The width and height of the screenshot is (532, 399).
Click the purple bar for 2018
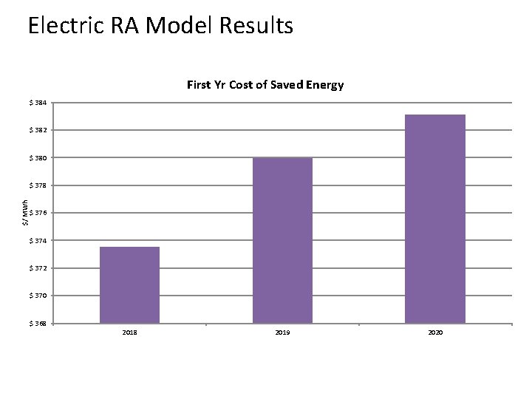click(129, 285)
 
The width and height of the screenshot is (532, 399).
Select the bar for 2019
click(282, 240)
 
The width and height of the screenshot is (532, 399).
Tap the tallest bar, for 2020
click(435, 219)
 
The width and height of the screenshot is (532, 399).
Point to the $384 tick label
click(39, 103)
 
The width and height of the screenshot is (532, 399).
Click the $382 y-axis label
click(39, 130)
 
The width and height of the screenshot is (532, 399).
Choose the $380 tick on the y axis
click(39, 158)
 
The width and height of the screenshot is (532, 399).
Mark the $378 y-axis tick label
click(39, 185)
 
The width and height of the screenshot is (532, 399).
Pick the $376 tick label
click(39, 214)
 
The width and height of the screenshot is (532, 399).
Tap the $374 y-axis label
click(39, 241)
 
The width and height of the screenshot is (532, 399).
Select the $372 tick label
click(39, 268)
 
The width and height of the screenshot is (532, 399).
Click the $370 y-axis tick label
click(39, 296)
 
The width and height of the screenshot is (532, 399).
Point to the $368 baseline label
click(39, 324)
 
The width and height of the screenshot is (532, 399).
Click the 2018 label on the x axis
click(129, 333)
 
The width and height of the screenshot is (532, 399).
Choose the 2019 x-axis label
click(282, 333)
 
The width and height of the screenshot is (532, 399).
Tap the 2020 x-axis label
click(435, 333)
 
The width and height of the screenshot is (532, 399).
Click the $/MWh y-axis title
click(25, 213)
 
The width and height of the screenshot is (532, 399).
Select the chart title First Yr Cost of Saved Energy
click(265, 85)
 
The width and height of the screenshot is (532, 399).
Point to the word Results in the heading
click(255, 27)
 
